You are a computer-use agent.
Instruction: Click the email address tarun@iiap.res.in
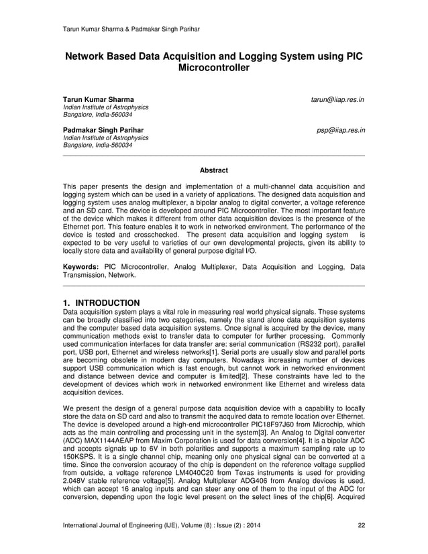[x=337, y=100]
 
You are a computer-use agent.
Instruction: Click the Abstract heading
[x=214, y=170]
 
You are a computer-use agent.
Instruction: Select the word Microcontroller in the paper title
[x=214, y=69]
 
